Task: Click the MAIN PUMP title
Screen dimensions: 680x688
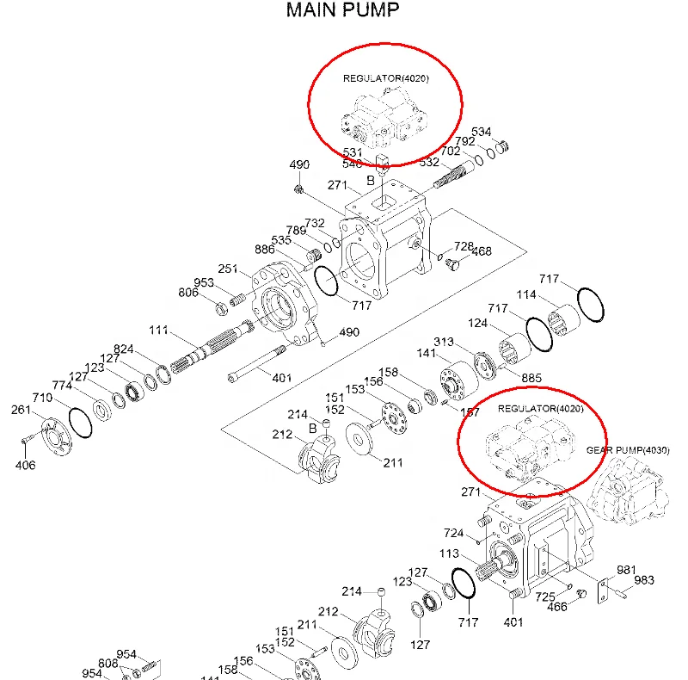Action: [343, 11]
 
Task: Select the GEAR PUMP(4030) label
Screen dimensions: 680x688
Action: [628, 450]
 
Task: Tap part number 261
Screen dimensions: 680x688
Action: [21, 410]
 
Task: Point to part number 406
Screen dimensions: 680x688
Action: [25, 466]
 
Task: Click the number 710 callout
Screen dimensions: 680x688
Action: [43, 398]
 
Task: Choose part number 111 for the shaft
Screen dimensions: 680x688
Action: [158, 331]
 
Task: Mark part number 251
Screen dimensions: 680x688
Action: [227, 269]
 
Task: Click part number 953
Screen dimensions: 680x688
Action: [204, 282]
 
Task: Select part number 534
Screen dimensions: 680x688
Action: [482, 132]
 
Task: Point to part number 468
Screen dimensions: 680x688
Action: [482, 251]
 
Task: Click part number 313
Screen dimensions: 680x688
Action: [444, 342]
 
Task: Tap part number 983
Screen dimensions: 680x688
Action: [644, 580]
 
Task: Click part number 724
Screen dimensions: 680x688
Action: [454, 533]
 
